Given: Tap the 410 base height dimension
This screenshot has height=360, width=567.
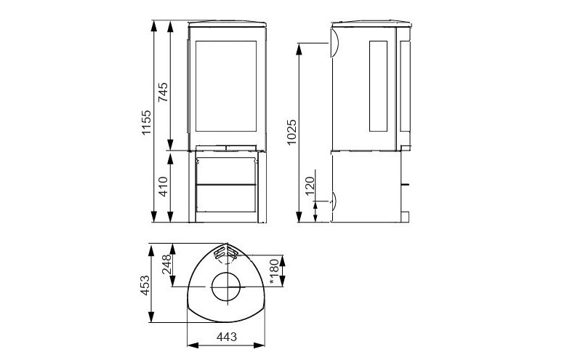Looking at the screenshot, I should point(164,187).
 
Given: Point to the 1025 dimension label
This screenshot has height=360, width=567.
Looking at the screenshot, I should point(292,132).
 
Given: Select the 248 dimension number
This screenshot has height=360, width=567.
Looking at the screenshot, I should point(166,265).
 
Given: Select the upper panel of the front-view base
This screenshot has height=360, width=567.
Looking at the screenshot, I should point(226,169).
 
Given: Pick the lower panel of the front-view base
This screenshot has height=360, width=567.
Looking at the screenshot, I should point(226,199).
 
